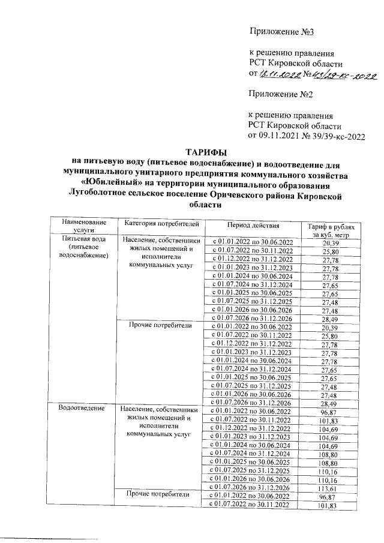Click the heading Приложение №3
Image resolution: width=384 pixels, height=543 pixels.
click(x=281, y=31)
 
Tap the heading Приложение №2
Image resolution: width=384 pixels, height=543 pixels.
click(x=281, y=94)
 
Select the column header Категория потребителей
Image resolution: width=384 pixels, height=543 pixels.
click(x=161, y=224)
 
